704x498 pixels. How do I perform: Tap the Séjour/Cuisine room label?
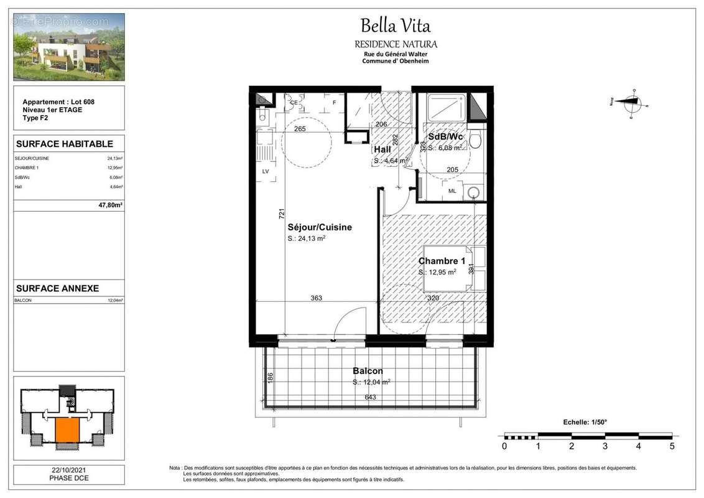click(319, 227)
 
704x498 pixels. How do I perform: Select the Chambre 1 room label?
click(442, 261)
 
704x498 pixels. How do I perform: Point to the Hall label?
click(382, 150)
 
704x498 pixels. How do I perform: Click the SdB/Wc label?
click(444, 136)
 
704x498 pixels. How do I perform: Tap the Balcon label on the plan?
click(368, 371)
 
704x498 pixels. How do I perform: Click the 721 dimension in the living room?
click(282, 214)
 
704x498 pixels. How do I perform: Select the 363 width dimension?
click(316, 298)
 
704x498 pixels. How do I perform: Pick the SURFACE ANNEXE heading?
click(57, 288)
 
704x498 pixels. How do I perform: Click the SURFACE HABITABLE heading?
click(64, 144)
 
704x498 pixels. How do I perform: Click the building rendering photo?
click(69, 47)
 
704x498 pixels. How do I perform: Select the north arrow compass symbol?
click(631, 103)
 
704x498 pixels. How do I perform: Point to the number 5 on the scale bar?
click(671, 446)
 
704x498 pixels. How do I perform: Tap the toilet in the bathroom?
click(476, 139)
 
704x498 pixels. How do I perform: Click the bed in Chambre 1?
click(452, 269)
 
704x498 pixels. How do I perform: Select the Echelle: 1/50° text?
click(585, 422)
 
